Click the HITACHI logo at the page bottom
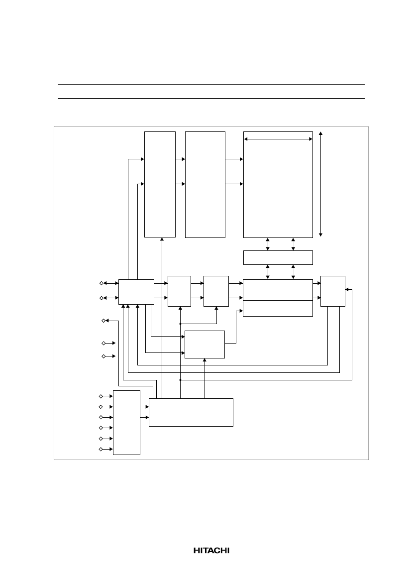(211, 551)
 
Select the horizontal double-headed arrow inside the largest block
(278, 139)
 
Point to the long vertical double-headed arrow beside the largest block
(320, 184)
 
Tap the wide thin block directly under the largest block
(278, 257)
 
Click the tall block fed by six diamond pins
(126, 422)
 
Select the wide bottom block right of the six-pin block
(191, 412)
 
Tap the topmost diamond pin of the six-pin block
(101, 396)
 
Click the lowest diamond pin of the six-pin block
(101, 449)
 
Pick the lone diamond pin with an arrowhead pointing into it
(103, 321)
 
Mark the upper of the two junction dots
(180, 324)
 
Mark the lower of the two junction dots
(180, 380)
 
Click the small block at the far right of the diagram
(333, 291)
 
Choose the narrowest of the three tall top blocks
(160, 184)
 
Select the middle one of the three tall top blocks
(205, 185)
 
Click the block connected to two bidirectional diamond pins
(136, 292)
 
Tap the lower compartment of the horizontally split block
(278, 309)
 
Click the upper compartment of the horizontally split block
(278, 290)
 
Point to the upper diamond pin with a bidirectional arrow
(102, 283)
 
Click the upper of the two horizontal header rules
(211, 85)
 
